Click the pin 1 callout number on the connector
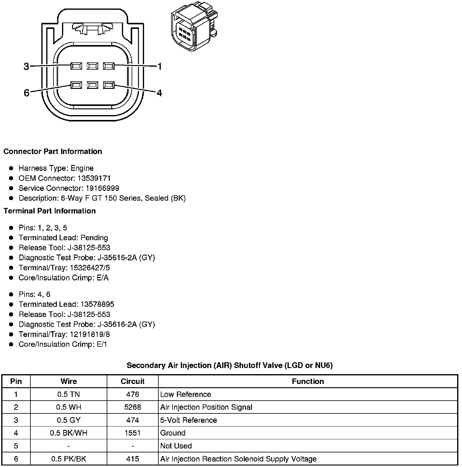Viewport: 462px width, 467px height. tap(160, 66)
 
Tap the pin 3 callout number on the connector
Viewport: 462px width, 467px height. tap(26, 66)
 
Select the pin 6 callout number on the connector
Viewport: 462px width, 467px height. tap(26, 93)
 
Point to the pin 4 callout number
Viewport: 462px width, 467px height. tap(159, 93)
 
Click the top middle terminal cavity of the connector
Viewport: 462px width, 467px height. tap(92, 66)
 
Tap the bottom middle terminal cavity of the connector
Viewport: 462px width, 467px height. tap(92, 85)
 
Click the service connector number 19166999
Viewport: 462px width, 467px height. tap(102, 188)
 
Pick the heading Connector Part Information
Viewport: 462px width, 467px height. tap(53, 152)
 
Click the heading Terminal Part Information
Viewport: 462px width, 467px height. tap(50, 211)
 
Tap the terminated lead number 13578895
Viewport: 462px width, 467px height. tap(97, 304)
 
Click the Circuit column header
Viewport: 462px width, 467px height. tap(133, 381)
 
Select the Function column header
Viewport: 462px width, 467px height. tap(308, 381)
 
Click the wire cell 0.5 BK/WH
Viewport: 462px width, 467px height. tap(69, 433)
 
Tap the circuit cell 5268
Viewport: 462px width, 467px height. tap(133, 407)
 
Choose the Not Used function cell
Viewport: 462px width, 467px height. tap(176, 446)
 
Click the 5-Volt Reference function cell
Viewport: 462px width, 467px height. tap(188, 420)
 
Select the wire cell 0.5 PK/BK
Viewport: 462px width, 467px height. tap(69, 459)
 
